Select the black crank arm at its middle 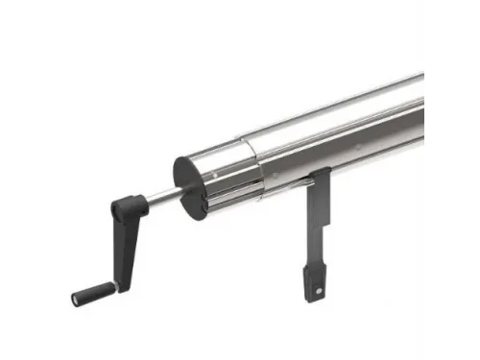tap(122, 244)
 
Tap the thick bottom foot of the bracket tap(315, 278)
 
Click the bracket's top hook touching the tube tap(321, 174)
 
